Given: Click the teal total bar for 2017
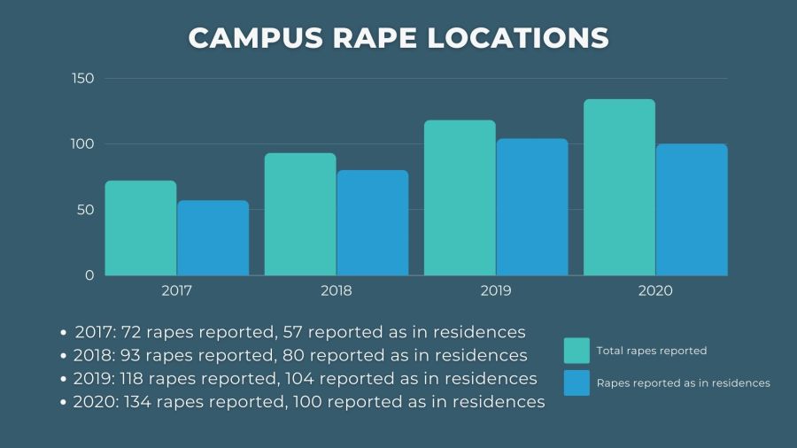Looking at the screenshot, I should pos(141,228).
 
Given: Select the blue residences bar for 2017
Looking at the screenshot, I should pos(213,237).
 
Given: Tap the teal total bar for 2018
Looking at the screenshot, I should pos(300,213).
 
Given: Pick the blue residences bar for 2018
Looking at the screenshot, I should pos(372,222).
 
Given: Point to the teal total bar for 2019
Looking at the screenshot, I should pos(460,197).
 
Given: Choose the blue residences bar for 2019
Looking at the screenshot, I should pos(531,206).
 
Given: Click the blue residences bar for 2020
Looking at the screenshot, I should pos(692,209).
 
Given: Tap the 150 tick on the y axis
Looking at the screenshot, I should pos(82,79).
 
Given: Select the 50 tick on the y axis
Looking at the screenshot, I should pos(85,210).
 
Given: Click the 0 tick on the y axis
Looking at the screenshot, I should pos(89,275).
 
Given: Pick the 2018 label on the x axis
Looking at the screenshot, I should pos(337,290).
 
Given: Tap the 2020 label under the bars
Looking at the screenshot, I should pos(655,290).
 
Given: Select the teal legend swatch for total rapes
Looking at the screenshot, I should pos(576,351).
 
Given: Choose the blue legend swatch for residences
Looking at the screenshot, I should pos(576,382).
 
